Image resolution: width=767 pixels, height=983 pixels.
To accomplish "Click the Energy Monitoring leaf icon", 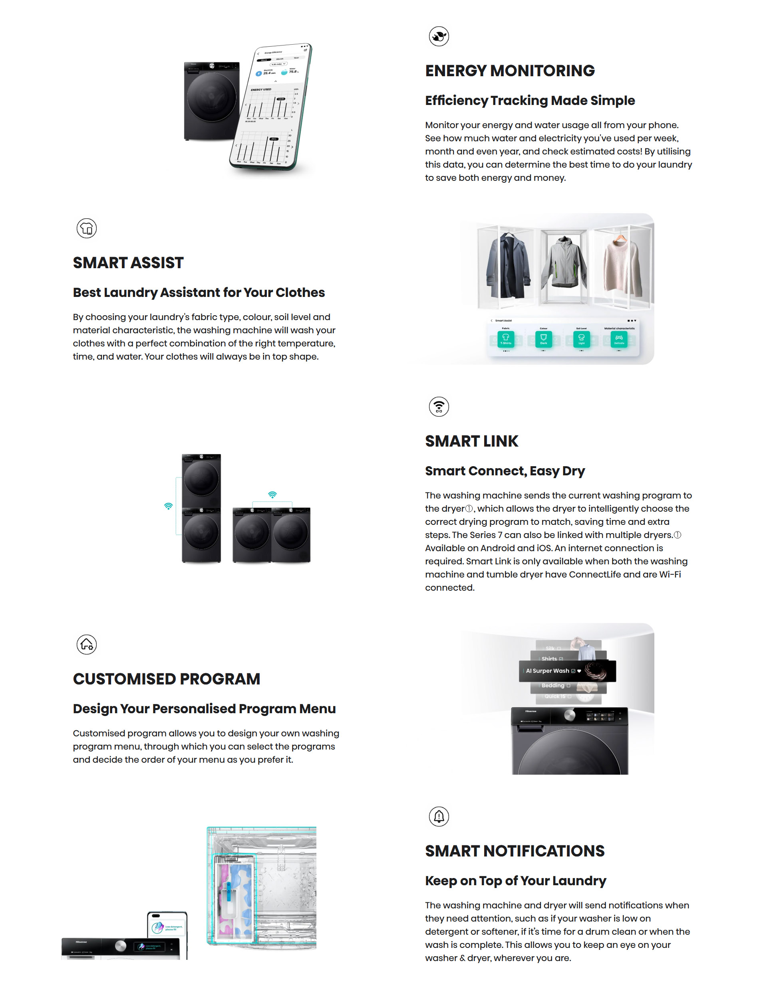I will click(439, 36).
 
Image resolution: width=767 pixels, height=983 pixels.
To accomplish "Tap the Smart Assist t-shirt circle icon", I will click(86, 228).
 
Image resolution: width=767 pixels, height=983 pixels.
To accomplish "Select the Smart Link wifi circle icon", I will click(439, 406).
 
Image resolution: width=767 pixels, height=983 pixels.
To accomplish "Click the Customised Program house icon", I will click(86, 645).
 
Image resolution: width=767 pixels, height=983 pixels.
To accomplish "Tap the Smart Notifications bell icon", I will click(439, 816).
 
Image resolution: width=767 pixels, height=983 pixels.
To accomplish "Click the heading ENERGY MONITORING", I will click(510, 71).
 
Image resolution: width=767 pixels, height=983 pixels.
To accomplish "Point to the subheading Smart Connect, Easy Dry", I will click(505, 471).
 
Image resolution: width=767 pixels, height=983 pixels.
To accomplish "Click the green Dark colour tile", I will click(544, 339).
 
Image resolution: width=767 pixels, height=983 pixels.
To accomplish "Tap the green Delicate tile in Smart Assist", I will click(619, 339).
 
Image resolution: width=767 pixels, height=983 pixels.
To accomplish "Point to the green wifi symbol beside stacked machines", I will click(169, 506).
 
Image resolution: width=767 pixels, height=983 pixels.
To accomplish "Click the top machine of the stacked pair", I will click(201, 480).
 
